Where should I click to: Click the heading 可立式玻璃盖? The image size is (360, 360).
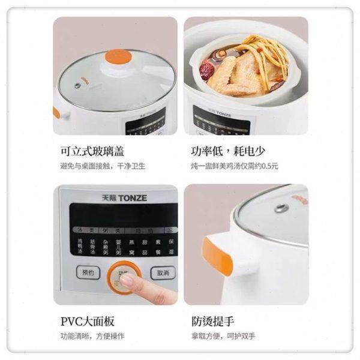pos(96,151)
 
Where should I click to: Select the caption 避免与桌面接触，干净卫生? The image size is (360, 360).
pos(103,166)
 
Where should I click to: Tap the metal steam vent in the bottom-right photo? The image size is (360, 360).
pos(281,208)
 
